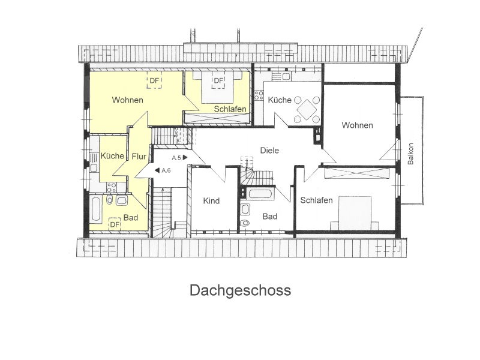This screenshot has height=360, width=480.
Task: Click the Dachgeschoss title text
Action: tap(241, 290)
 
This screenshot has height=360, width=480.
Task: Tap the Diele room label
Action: tap(269, 151)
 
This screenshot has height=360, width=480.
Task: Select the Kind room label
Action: tap(211, 201)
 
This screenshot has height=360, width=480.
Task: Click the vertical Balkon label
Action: tap(410, 154)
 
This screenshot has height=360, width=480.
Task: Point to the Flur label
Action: tap(139, 157)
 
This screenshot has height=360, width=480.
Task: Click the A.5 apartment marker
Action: tap(179, 158)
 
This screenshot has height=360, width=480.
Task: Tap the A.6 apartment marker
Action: tap(163, 170)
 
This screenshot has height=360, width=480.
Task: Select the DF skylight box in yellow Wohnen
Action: tap(154, 80)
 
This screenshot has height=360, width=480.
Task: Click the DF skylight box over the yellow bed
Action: tap(218, 80)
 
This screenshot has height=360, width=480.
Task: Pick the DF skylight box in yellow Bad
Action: tap(115, 224)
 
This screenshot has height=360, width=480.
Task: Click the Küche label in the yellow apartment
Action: tap(112, 155)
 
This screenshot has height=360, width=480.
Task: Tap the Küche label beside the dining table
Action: tap(280, 100)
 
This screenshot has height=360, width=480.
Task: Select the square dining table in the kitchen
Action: tap(307, 109)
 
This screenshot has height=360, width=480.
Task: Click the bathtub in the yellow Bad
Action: tap(95, 209)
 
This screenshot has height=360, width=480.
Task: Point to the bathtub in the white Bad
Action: tap(260, 194)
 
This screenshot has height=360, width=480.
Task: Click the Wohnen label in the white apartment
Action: tap(357, 125)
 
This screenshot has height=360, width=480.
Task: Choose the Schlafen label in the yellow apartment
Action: tap(230, 109)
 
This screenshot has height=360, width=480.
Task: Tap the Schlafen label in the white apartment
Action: tap(316, 200)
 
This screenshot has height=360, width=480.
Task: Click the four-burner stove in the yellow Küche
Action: tap(112, 187)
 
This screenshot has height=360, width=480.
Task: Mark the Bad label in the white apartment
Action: tap(269, 217)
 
